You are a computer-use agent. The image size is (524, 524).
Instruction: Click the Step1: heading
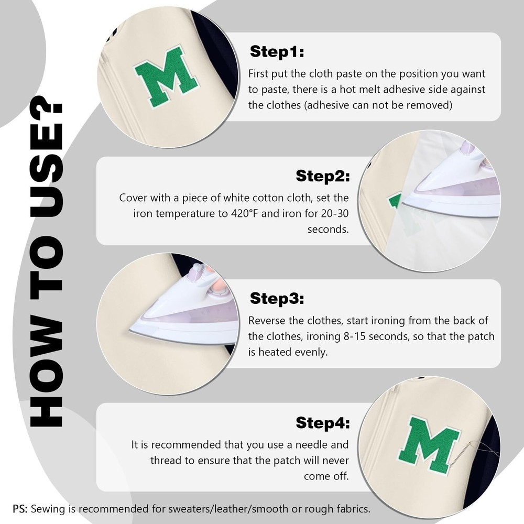point(277,51)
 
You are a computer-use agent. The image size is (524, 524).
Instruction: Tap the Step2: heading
point(322,176)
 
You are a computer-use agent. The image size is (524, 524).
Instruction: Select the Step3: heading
point(277,299)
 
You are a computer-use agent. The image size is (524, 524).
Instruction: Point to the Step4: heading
point(322,423)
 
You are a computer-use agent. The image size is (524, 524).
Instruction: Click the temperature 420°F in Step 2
point(244,213)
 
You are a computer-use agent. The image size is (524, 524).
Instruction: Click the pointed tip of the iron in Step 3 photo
point(129,331)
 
